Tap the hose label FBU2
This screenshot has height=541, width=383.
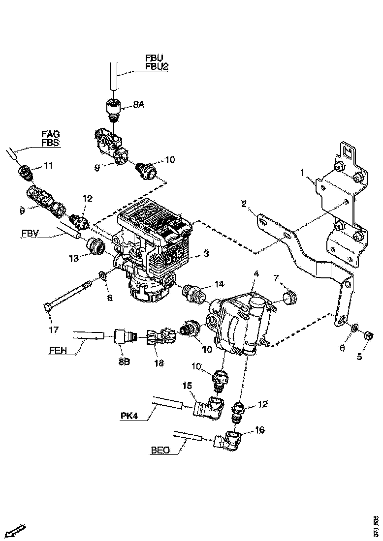point(157,66)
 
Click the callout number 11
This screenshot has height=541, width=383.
point(48,166)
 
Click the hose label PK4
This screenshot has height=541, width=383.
point(129,416)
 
